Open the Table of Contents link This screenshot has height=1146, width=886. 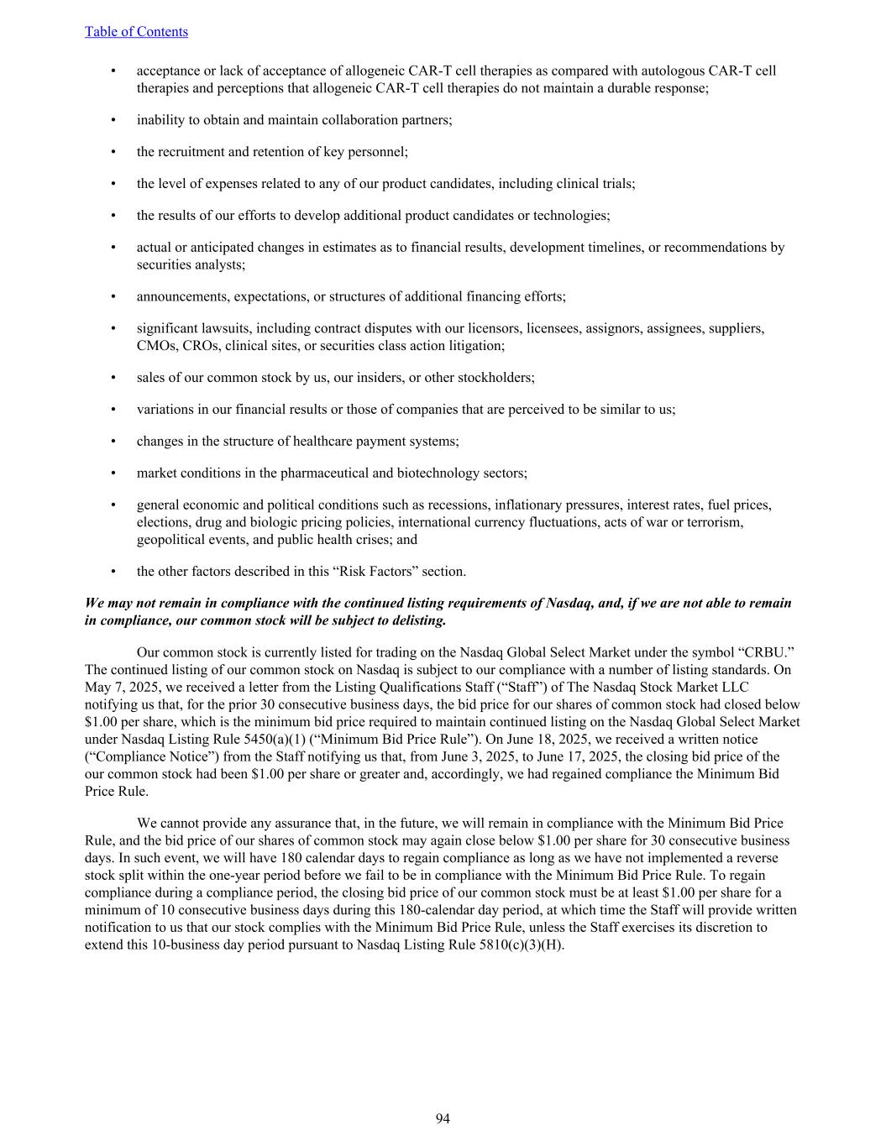click(136, 32)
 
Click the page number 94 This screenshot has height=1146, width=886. click(443, 1118)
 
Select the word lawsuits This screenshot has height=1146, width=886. click(231, 328)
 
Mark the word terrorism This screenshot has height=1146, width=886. click(714, 522)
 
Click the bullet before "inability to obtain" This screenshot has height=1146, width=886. click(113, 120)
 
